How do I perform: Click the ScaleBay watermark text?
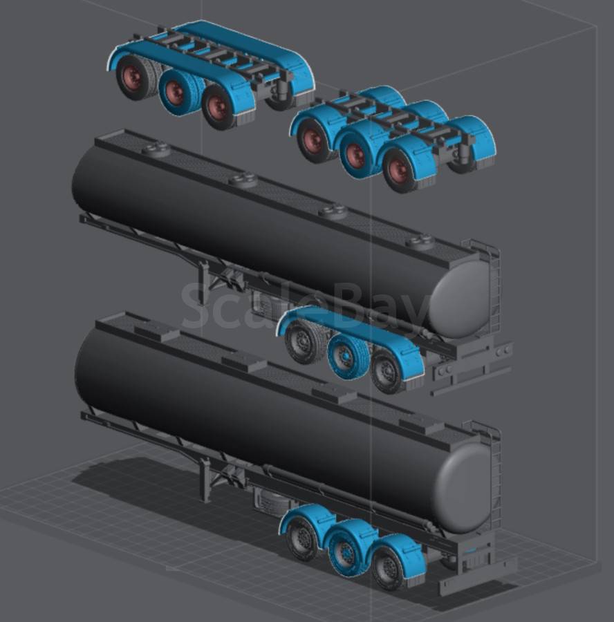point(306,305)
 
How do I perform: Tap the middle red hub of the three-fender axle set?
point(355,155)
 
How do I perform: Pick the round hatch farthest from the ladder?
point(156,150)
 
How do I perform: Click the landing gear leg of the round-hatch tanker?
point(205,282)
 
